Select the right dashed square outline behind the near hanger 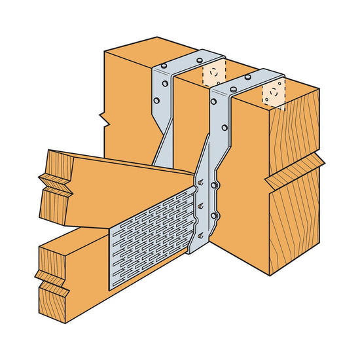point(274,94)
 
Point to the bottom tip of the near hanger point(193,253)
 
